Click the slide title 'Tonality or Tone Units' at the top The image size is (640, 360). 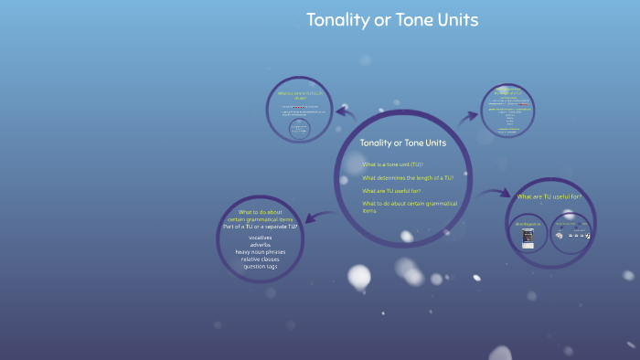[392, 20]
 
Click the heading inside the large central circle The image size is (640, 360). [403, 143]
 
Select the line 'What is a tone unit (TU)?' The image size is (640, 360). [393, 164]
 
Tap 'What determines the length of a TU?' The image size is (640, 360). [408, 177]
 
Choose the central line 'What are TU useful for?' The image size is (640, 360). [396, 190]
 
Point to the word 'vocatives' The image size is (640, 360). [261, 238]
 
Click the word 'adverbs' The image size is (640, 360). [261, 245]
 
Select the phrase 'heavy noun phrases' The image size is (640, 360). [261, 252]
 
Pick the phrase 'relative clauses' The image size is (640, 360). [261, 259]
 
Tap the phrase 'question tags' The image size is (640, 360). [261, 267]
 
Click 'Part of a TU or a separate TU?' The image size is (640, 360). [261, 227]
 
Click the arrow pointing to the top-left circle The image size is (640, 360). [345, 111]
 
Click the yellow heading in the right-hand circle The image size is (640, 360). [549, 196]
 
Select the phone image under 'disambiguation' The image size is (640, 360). [527, 237]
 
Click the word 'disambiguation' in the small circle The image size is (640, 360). [528, 223]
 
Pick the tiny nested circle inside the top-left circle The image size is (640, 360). [298, 129]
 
